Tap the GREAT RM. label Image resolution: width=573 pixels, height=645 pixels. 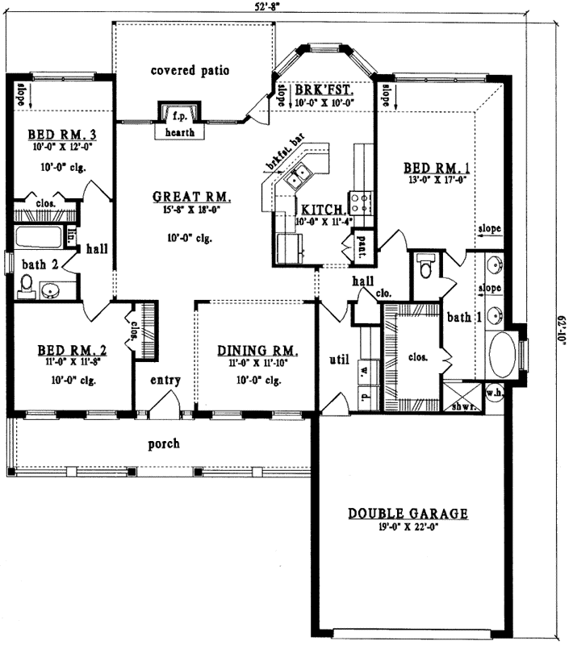tap(192, 196)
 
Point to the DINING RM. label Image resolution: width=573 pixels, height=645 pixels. tap(258, 351)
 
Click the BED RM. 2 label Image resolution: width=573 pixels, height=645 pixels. tap(73, 351)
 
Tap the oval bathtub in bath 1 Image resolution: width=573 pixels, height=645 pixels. tap(505, 355)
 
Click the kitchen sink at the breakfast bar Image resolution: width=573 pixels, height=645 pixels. tap(303, 173)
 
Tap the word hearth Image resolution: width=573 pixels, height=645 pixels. tap(179, 132)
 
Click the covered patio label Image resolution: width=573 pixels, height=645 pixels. tap(190, 71)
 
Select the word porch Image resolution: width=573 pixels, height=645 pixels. tap(163, 443)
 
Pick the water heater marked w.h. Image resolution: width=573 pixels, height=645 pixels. tap(494, 393)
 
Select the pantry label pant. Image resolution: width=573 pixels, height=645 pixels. tap(362, 248)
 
